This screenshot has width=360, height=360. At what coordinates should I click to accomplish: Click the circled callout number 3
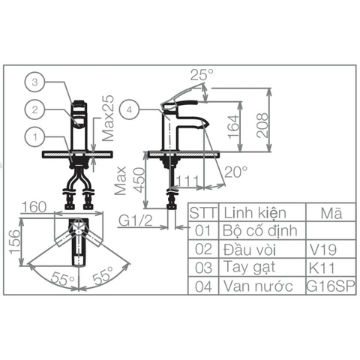point(35,82)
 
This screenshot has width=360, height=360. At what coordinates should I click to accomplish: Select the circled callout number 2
point(35,109)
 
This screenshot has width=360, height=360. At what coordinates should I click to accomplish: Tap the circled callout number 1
point(35,137)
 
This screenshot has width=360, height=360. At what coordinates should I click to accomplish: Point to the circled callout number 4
point(129,109)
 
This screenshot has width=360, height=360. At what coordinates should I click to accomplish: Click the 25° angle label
point(202,74)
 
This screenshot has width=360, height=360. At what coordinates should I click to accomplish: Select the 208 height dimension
point(262,125)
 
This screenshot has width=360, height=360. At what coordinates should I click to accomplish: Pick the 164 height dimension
point(233,127)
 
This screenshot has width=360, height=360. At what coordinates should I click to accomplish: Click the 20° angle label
point(235,172)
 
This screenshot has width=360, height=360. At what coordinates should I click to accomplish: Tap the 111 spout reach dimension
point(188,181)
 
